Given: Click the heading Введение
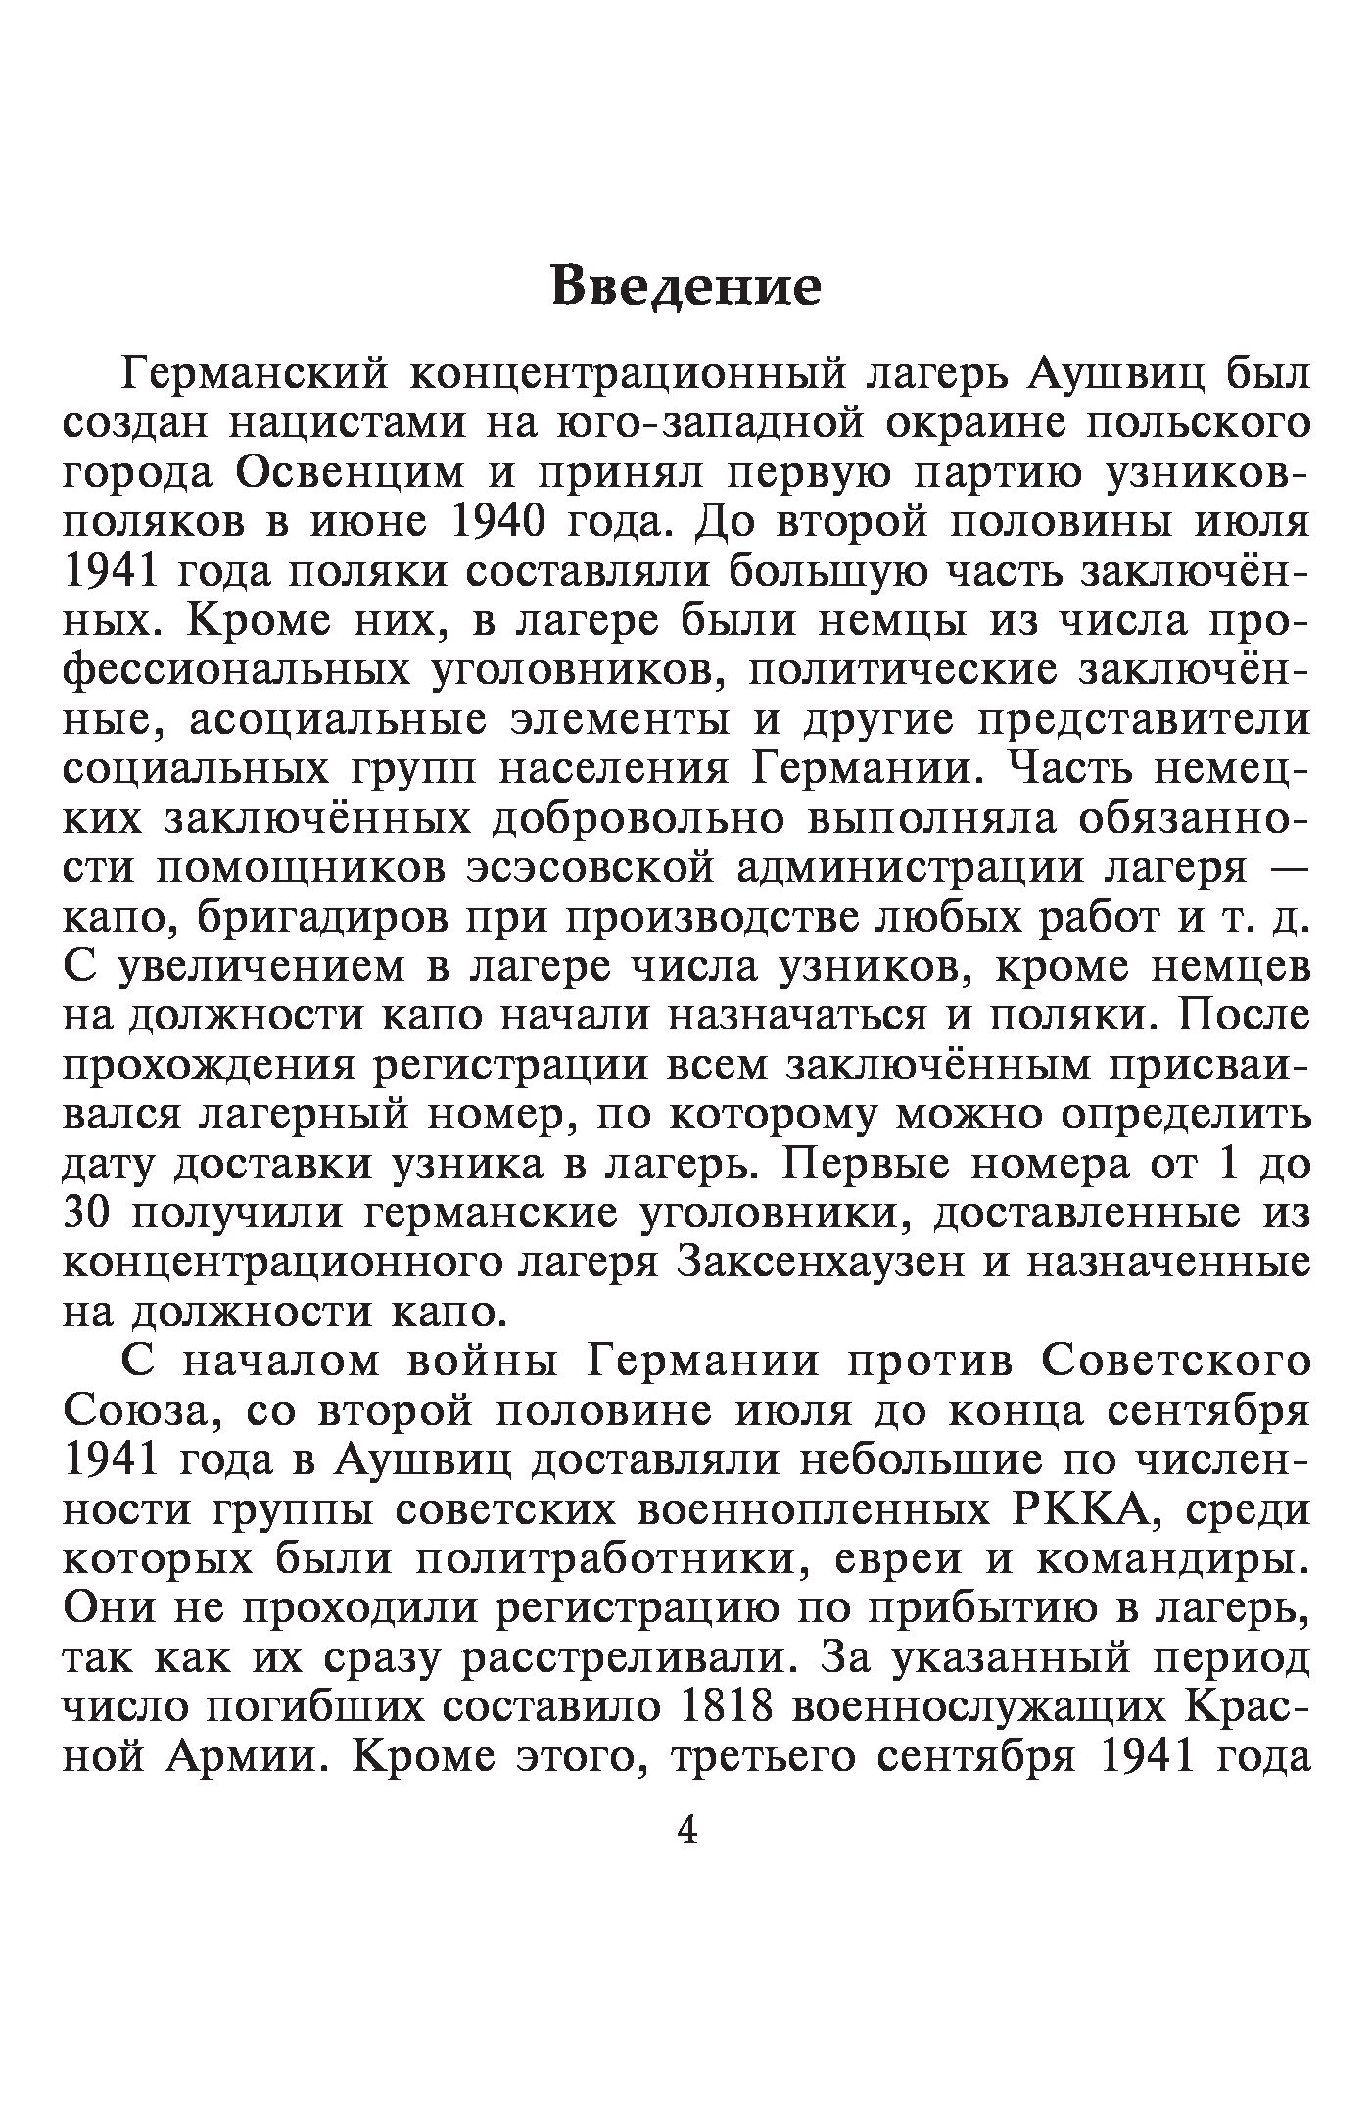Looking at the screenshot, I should pyautogui.click(x=685, y=286).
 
